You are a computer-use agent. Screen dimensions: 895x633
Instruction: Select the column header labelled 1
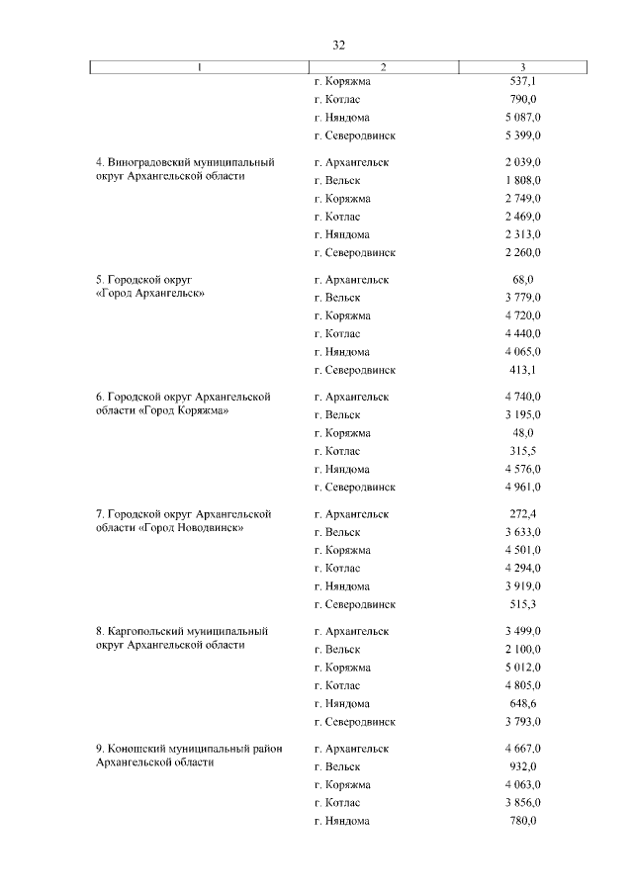coord(198,67)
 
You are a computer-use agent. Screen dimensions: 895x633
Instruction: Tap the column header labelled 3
coord(522,67)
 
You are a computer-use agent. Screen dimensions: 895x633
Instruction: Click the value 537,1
coord(522,81)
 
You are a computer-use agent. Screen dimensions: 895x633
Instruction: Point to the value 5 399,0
coord(522,135)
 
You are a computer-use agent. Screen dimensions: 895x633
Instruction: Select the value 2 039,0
coord(522,162)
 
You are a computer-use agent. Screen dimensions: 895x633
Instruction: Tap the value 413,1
coord(522,370)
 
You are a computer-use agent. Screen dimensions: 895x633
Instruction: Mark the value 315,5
coord(522,451)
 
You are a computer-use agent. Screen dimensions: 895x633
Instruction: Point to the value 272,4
coord(522,514)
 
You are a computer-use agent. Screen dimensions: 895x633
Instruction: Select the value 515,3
coord(522,604)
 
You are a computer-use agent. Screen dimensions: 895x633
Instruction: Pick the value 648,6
coord(522,703)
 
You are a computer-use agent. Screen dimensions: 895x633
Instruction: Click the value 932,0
coord(522,766)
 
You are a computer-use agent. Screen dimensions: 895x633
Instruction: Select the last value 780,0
coord(522,821)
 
